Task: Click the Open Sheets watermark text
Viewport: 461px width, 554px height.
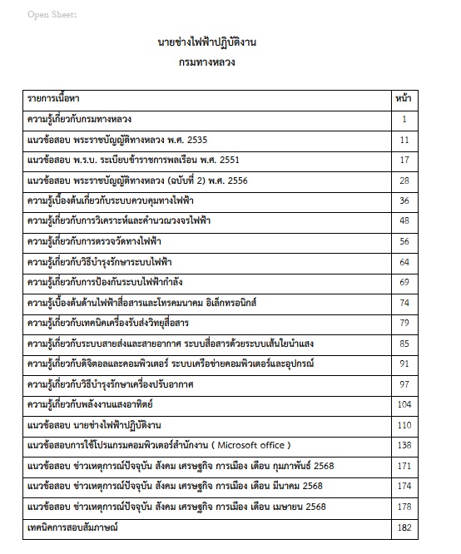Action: pos(52,15)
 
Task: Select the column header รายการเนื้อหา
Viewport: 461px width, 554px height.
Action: pos(52,98)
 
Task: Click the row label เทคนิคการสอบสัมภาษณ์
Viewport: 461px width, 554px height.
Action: pos(73,527)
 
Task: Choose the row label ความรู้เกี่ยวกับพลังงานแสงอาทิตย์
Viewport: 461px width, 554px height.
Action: pos(92,405)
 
